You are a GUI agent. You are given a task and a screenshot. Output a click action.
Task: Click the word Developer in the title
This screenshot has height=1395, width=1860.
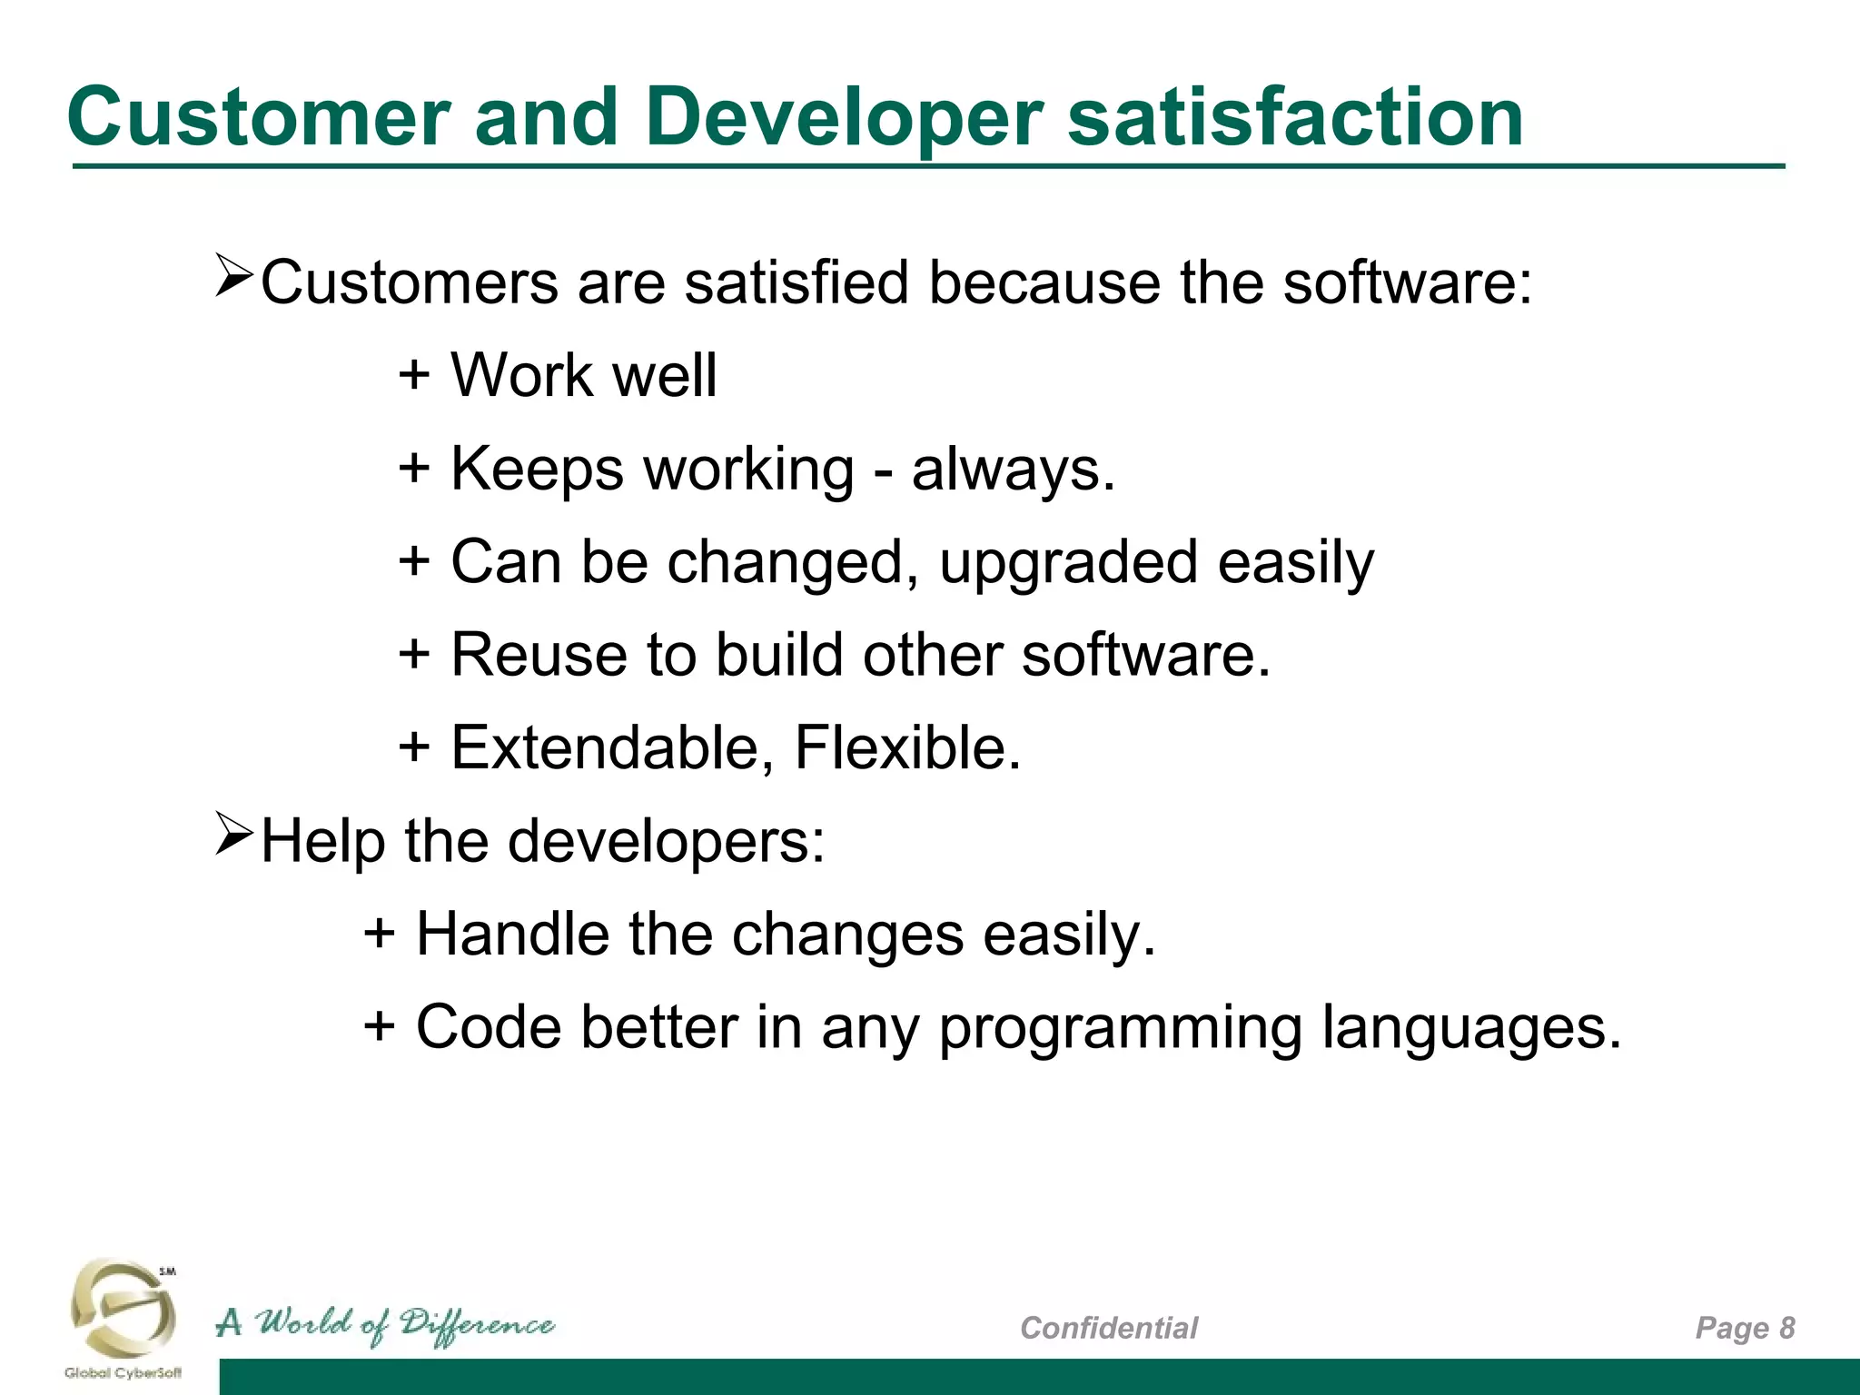(x=845, y=118)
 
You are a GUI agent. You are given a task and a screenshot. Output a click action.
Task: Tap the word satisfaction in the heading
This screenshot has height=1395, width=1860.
(x=1295, y=118)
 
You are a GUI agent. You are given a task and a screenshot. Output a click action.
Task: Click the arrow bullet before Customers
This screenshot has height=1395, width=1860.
(x=233, y=277)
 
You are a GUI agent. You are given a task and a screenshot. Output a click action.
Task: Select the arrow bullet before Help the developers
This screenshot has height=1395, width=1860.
(x=233, y=836)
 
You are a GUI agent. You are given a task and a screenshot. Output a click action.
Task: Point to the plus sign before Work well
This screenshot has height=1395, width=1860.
(x=414, y=374)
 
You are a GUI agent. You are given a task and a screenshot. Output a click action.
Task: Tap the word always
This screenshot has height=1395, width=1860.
(x=1012, y=470)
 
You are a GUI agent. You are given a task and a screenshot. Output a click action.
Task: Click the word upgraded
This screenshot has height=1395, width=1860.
(x=1068, y=563)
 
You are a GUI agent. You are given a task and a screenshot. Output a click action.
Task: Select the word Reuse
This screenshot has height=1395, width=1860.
(x=539, y=655)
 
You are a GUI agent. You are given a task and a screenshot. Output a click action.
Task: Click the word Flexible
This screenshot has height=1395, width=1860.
(x=907, y=748)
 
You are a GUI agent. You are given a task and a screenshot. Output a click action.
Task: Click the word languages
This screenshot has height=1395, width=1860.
(x=1470, y=1028)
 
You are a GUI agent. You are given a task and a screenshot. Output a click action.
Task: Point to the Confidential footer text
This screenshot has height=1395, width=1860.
(x=1108, y=1328)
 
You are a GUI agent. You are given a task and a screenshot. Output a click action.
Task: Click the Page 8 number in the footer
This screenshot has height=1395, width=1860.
(x=1745, y=1328)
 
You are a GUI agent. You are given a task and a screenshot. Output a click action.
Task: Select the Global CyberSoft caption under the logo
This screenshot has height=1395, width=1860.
(x=123, y=1372)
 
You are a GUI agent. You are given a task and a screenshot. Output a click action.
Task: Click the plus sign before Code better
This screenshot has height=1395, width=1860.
(x=380, y=1026)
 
